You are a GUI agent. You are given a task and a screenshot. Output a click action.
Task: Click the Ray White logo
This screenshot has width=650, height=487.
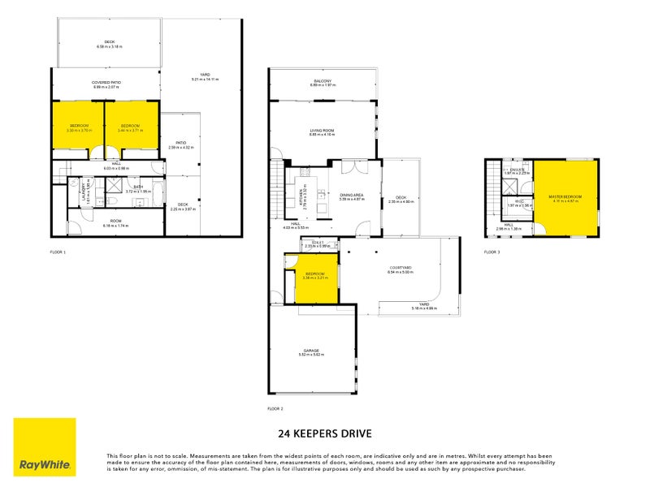click(45, 447)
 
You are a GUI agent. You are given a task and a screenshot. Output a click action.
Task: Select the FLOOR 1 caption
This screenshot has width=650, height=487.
click(58, 252)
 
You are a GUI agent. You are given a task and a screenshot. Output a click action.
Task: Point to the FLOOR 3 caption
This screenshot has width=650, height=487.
click(492, 252)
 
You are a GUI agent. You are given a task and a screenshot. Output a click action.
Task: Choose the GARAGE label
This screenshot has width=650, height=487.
click(312, 350)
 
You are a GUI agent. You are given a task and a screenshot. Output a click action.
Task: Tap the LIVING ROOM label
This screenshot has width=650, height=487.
click(323, 130)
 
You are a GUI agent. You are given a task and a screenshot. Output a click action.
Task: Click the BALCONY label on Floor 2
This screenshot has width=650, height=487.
click(323, 80)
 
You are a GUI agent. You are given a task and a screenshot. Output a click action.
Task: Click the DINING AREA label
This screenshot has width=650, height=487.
click(352, 195)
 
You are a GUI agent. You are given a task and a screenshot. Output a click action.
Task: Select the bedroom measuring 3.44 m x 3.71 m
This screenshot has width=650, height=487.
click(131, 127)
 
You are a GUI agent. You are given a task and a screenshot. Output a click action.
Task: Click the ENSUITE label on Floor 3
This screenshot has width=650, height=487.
click(517, 170)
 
